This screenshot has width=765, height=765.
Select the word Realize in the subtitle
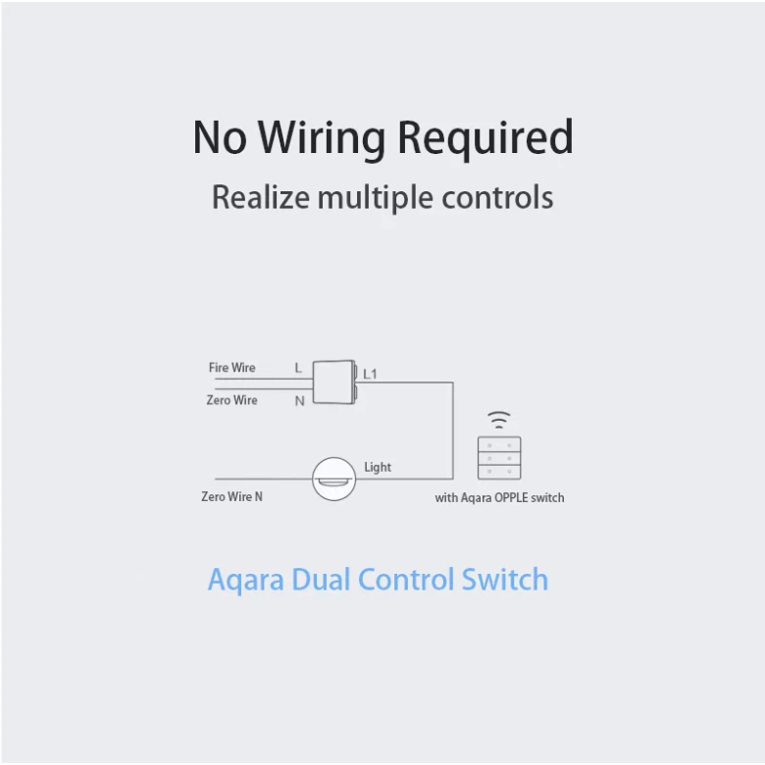pos(261,197)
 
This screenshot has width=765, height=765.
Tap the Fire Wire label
pos(231,368)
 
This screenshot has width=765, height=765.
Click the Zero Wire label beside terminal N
pos(231,400)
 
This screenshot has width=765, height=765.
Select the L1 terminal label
pos(370,374)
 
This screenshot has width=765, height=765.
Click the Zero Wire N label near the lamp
pos(231,497)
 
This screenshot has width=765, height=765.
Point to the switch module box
pos(333,382)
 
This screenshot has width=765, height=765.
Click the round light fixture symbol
pos(333,480)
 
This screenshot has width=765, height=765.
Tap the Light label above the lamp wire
pos(378,467)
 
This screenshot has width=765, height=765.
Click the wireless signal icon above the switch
pos(500,420)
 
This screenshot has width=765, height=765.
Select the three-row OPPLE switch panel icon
pos(499,458)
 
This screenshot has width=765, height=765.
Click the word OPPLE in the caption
pos(510,498)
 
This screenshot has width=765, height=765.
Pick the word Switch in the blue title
pos(505,579)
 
